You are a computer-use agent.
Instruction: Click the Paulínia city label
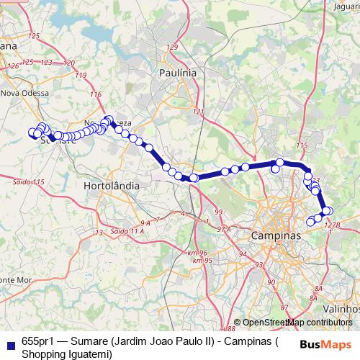click(177, 73)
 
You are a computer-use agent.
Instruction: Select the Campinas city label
click(276, 235)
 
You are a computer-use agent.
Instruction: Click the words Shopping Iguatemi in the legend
click(66, 354)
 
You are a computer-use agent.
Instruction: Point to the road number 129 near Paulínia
click(171, 47)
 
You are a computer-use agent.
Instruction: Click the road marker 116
click(96, 95)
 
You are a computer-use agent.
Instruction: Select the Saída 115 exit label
click(28, 182)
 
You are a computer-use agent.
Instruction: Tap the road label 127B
click(332, 225)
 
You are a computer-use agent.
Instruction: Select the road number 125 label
click(32, 35)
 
